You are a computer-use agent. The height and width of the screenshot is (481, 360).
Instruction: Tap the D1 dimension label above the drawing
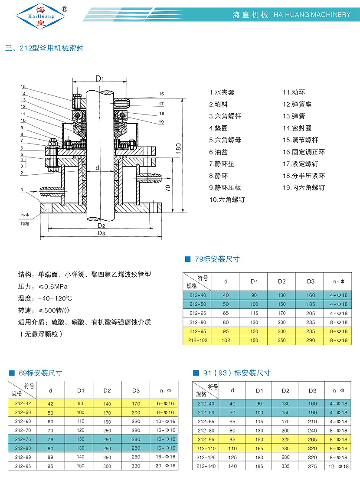(100, 78)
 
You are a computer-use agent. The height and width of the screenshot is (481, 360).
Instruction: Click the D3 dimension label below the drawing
(101, 233)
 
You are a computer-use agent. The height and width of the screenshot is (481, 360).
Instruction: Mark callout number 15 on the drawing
(23, 86)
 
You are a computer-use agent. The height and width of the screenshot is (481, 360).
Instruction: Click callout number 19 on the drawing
(161, 122)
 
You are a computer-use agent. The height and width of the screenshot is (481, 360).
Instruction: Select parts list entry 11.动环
(294, 92)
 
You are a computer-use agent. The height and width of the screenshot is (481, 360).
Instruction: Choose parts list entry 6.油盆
(218, 152)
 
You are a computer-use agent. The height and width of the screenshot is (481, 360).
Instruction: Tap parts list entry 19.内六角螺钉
(304, 188)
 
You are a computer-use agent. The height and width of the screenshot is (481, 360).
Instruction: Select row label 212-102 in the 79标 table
(196, 340)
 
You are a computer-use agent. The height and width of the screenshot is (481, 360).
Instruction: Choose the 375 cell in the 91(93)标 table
(312, 466)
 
